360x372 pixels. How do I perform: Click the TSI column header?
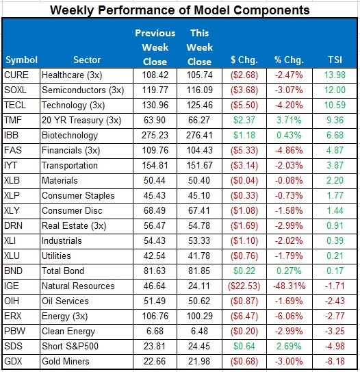tap(335, 60)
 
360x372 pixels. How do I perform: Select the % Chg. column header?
tap(289, 60)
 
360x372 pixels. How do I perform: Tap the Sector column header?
tap(87, 60)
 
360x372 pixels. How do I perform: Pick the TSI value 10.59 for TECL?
tap(335, 105)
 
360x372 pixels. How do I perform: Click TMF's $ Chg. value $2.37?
tap(244, 120)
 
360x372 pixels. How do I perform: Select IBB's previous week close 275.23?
tap(155, 135)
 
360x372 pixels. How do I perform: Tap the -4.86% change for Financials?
tap(289, 150)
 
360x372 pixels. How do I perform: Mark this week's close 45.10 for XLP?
tap(199, 195)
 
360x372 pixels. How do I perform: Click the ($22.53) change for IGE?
tap(244, 286)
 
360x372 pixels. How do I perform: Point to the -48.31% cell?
tap(290, 286)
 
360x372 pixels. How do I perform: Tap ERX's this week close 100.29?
tap(200, 316)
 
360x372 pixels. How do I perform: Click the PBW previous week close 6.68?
tap(155, 331)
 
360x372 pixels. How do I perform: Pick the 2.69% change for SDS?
tap(289, 346)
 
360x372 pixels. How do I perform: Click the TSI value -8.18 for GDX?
tap(335, 361)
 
